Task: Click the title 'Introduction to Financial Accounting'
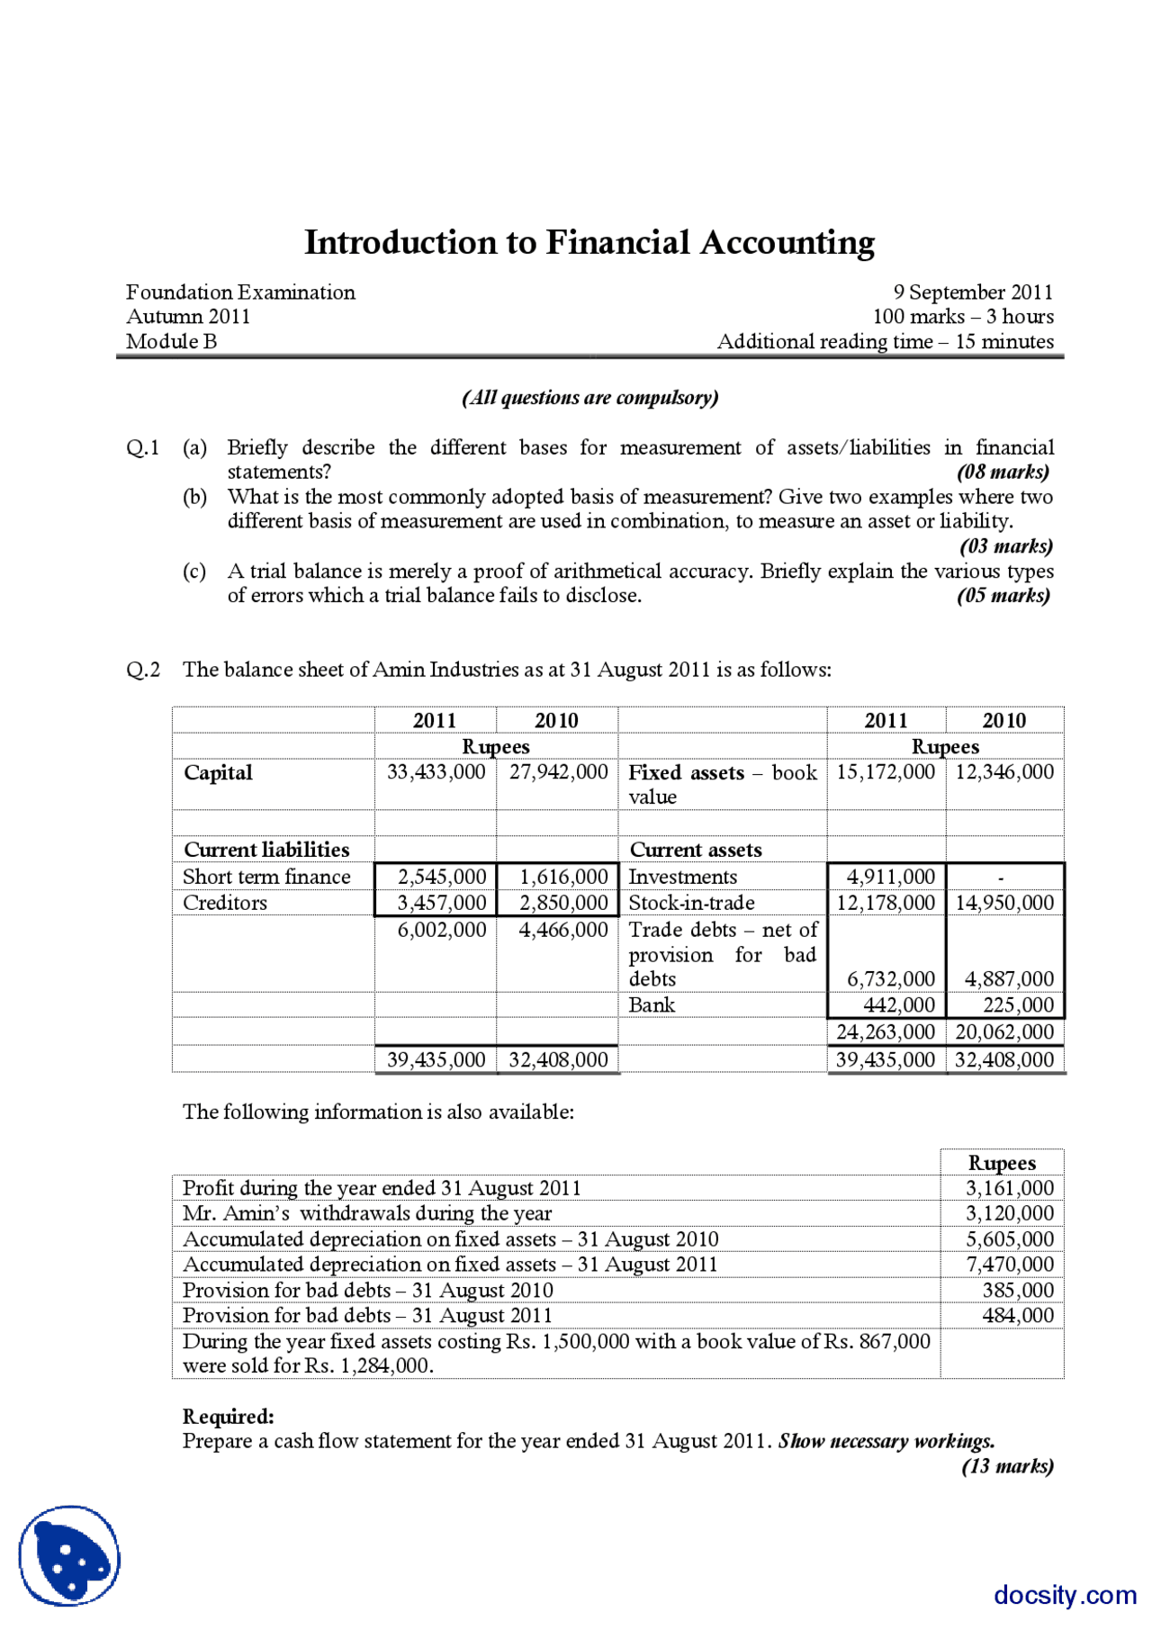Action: [x=589, y=243]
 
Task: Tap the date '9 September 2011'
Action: [x=972, y=293]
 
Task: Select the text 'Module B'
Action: [x=171, y=342]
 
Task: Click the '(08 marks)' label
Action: [x=1003, y=472]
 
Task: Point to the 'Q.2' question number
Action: [x=143, y=670]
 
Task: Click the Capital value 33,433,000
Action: [x=436, y=772]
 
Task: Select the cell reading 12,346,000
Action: [x=1003, y=772]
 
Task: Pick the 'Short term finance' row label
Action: [x=266, y=877]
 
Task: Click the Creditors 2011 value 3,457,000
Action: [x=441, y=903]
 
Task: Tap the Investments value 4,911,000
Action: [x=890, y=877]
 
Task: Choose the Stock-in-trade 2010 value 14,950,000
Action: [x=1003, y=903]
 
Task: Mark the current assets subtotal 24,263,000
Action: [x=886, y=1032]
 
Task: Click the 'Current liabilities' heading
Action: [x=266, y=850]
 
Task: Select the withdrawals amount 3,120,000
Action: [x=1009, y=1213]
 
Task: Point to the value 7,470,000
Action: [x=1009, y=1265]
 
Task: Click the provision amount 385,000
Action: [x=1017, y=1291]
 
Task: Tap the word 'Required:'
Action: [x=228, y=1417]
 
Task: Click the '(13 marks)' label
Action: [x=1007, y=1466]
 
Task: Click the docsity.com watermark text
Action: [x=1065, y=1595]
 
